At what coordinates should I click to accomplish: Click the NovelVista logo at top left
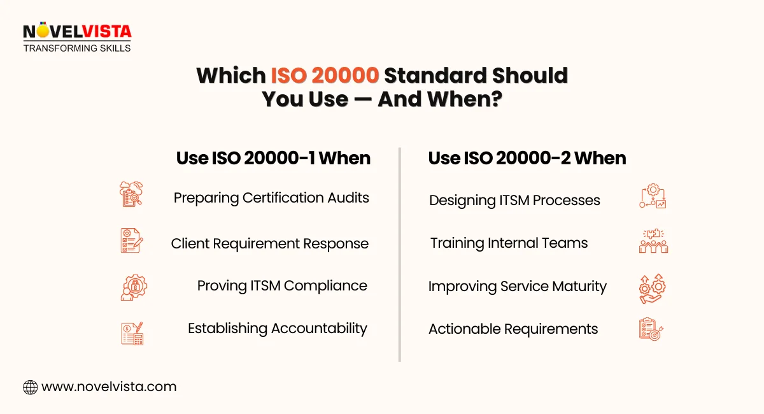pos(76,37)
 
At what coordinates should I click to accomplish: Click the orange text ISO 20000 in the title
pos(325,75)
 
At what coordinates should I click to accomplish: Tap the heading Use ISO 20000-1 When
pos(273,158)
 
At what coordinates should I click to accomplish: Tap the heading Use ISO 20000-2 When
pos(527,158)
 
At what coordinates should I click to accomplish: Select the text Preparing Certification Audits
pos(271,197)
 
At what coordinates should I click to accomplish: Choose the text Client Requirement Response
pos(270,243)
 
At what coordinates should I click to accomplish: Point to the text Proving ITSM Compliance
pos(282,285)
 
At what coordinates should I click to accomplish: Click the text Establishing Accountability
pos(278,328)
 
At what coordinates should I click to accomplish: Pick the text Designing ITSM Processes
pos(514,200)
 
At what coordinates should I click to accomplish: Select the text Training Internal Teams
pos(509,243)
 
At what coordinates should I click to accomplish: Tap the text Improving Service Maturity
pos(517,286)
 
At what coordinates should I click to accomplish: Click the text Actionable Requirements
pos(513,329)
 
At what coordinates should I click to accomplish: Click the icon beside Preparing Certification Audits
pos(132,194)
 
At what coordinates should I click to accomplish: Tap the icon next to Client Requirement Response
pos(132,240)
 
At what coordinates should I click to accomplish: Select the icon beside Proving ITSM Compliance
pos(133,287)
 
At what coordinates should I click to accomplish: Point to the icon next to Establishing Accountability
pos(132,332)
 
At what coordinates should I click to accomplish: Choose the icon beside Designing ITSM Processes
pos(653,197)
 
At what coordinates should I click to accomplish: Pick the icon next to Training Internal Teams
pos(653,241)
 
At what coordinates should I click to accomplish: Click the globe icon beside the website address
pos(30,387)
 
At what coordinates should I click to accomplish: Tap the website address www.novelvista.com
pos(109,387)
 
